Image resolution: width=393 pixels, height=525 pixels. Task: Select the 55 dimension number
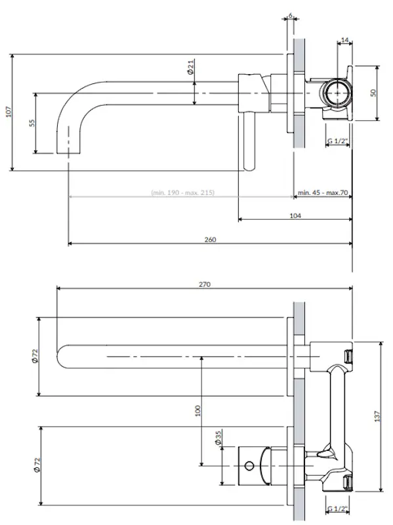point(31,123)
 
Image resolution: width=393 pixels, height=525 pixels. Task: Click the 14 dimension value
point(345,41)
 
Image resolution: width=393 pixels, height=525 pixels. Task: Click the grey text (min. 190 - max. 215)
point(183,193)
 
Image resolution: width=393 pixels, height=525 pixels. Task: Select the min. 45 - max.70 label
point(322,193)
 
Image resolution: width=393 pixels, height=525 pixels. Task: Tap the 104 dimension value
point(295,215)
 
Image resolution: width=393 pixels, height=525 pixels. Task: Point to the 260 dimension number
point(210,240)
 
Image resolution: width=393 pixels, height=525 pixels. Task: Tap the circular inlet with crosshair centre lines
point(337,93)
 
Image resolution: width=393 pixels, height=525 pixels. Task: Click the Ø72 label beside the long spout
point(35,356)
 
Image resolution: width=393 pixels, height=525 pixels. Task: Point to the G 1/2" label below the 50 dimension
point(337,140)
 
